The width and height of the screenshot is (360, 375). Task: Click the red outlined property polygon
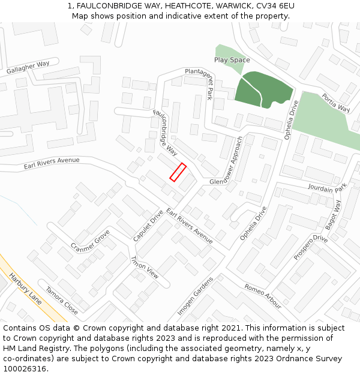178,172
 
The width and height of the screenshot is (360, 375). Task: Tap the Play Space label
232,60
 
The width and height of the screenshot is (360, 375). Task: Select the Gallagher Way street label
28,68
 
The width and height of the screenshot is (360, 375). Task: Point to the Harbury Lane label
26,289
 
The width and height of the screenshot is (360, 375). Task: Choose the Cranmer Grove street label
90,241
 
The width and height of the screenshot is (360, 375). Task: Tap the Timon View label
145,267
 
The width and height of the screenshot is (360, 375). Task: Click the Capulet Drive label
148,226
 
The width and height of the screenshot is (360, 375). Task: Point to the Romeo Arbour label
263,296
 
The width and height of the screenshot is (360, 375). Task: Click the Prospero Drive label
311,247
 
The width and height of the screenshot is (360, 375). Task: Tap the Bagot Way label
333,215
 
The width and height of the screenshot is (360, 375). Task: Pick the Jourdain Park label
327,188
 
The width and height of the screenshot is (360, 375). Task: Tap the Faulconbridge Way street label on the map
166,133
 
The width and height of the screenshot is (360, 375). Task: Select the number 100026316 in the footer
26,369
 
